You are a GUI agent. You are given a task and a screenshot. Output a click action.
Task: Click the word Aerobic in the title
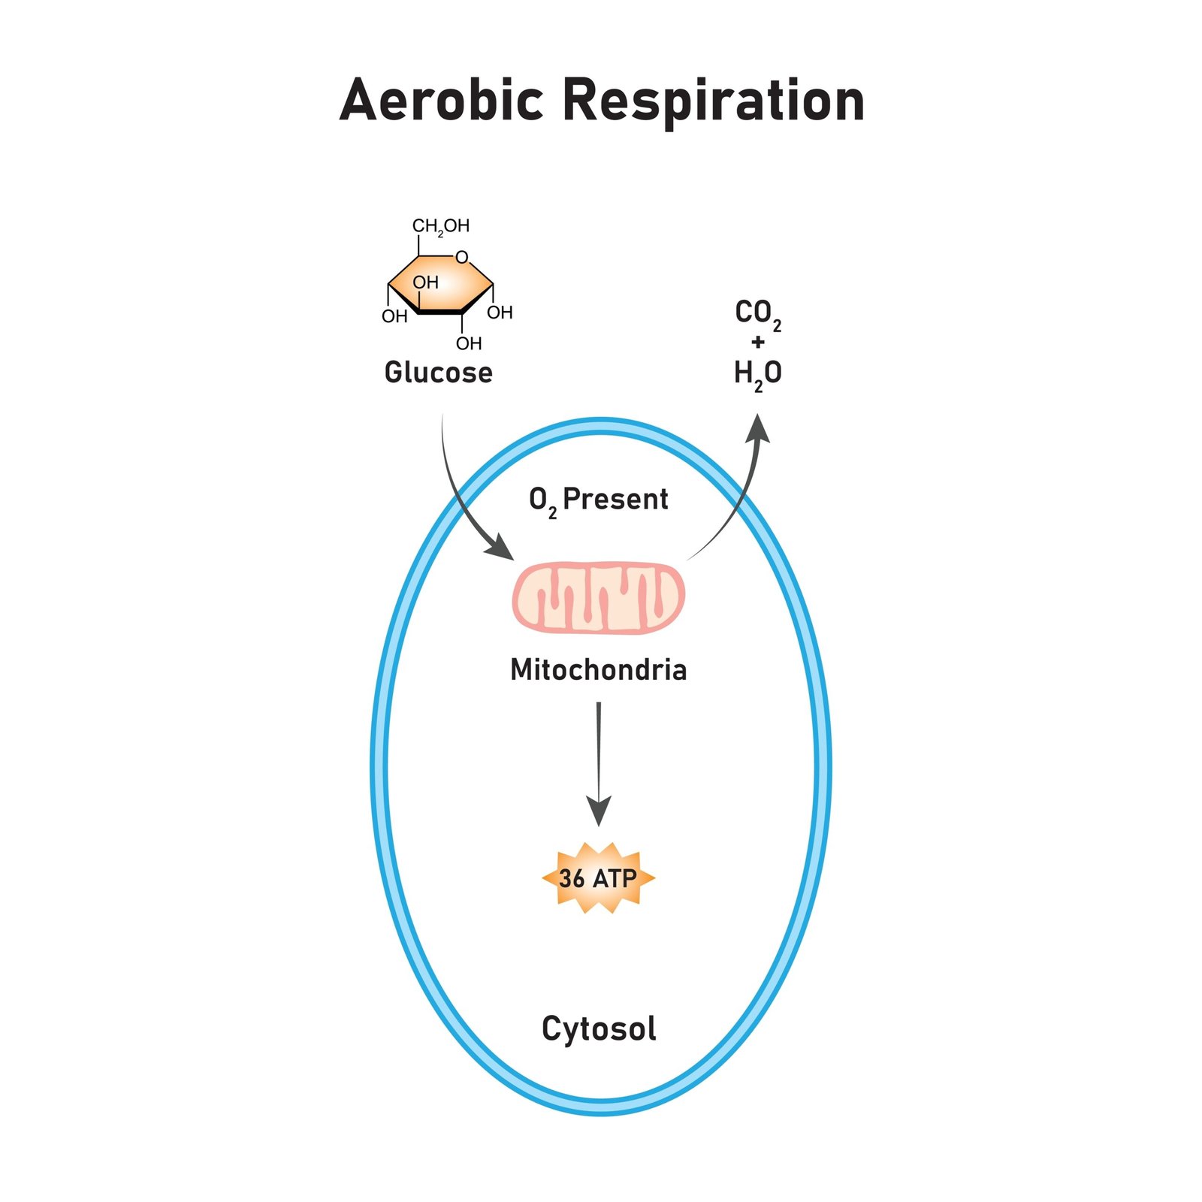click(441, 101)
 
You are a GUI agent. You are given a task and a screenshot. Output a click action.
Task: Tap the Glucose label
click(438, 373)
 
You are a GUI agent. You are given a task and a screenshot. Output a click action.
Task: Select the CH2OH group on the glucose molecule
click(440, 226)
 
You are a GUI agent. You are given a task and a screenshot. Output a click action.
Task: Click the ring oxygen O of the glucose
click(462, 258)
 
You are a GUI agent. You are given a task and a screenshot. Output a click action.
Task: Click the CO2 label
click(757, 313)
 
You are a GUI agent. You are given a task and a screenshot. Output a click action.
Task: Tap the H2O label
click(757, 373)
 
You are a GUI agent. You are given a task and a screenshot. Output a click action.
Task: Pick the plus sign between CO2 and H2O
click(757, 343)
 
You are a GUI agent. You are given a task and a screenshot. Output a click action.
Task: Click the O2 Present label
click(598, 500)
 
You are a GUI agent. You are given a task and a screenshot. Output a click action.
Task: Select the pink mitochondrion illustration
click(598, 598)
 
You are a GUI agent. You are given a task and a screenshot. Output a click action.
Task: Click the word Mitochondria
click(598, 669)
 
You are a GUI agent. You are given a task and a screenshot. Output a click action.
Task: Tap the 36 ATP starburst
click(598, 877)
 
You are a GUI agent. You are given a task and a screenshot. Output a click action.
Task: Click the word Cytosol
click(598, 1029)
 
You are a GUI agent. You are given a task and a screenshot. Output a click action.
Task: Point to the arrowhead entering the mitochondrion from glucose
click(500, 548)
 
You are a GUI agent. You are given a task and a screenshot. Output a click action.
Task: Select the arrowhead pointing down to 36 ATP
click(598, 811)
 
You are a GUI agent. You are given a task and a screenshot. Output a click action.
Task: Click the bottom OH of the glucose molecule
click(469, 344)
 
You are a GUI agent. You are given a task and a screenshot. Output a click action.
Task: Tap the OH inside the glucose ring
click(425, 283)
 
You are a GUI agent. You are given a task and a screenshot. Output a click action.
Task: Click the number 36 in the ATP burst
click(572, 878)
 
